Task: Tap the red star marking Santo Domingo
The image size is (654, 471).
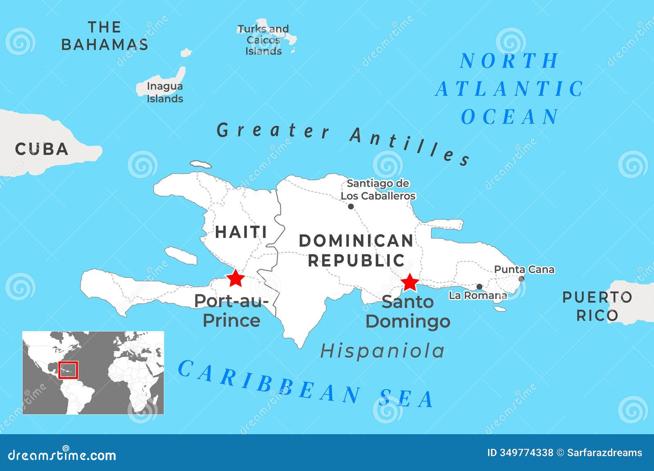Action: tap(409, 283)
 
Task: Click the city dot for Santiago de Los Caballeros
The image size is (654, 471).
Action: tap(351, 206)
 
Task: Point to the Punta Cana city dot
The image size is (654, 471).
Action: tap(521, 279)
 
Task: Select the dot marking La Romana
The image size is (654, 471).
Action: tap(479, 287)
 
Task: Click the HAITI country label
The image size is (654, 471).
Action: tap(241, 232)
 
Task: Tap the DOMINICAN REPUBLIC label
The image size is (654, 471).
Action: tap(356, 250)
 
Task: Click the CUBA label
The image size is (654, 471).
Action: tap(42, 149)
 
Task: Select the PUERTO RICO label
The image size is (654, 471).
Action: tap(597, 306)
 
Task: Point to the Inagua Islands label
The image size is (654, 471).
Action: tap(165, 92)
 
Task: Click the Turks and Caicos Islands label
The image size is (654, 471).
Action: tap(263, 40)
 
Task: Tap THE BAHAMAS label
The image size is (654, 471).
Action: tap(105, 36)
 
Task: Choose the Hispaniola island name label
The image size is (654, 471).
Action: tap(382, 351)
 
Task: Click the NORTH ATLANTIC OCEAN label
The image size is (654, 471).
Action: tap(510, 89)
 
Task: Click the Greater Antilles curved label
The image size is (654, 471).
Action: tap(343, 141)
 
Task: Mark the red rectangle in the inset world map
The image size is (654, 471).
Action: tap(68, 370)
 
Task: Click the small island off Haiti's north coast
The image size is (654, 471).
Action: tap(201, 164)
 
